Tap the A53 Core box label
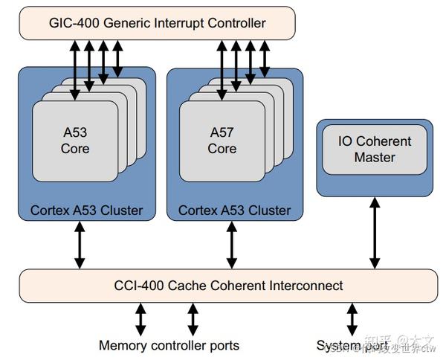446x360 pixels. (75, 141)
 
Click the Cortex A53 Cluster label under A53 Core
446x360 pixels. (86, 210)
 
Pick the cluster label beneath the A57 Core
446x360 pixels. (235, 210)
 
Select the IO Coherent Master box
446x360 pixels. (375, 149)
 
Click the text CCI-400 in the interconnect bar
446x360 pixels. (140, 286)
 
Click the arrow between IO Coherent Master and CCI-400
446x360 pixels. (375, 232)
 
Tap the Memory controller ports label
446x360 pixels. (169, 346)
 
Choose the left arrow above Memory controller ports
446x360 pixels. (140, 318)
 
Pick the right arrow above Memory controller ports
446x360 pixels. (193, 318)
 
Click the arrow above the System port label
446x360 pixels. (352, 318)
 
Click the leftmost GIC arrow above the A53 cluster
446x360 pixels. (74, 69)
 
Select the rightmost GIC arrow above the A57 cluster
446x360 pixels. (264, 58)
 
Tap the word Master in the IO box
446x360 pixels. (375, 158)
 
